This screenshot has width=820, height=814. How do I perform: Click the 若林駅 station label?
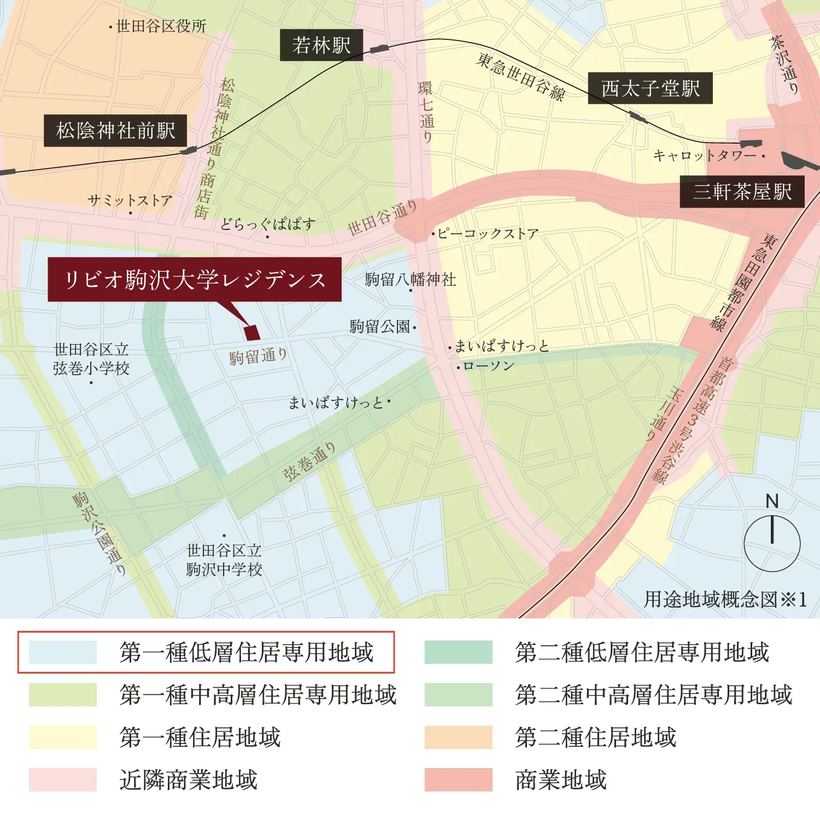[321, 45]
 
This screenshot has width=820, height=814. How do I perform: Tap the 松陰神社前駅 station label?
[115, 131]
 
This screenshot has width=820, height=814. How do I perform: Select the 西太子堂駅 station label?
[650, 88]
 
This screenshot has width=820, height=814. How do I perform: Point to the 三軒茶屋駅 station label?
[742, 192]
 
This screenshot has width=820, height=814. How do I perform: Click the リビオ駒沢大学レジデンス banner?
[195, 280]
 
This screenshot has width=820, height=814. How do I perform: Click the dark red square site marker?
[252, 333]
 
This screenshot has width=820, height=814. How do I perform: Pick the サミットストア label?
[130, 200]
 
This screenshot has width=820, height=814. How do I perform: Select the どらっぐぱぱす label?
[268, 224]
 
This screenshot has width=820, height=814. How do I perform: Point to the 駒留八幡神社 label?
[411, 280]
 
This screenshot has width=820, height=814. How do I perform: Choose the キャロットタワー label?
[705, 156]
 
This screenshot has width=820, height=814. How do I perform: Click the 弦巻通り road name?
[309, 462]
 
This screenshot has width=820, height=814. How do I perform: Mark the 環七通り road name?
[426, 112]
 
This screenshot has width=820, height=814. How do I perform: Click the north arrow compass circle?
[772, 544]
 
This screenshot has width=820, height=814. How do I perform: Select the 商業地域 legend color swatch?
[458, 780]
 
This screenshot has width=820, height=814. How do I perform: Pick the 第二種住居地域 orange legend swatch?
[458, 738]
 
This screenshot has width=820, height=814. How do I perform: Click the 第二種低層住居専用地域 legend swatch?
[458, 652]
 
